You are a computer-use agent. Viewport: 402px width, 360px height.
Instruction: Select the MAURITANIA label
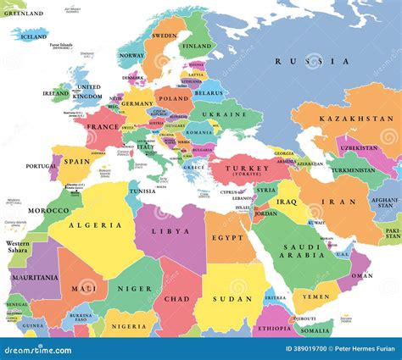click(x=35, y=277)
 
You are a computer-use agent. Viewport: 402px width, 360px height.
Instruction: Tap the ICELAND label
click(x=33, y=36)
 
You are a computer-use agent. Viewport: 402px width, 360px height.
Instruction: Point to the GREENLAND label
click(x=22, y=14)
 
